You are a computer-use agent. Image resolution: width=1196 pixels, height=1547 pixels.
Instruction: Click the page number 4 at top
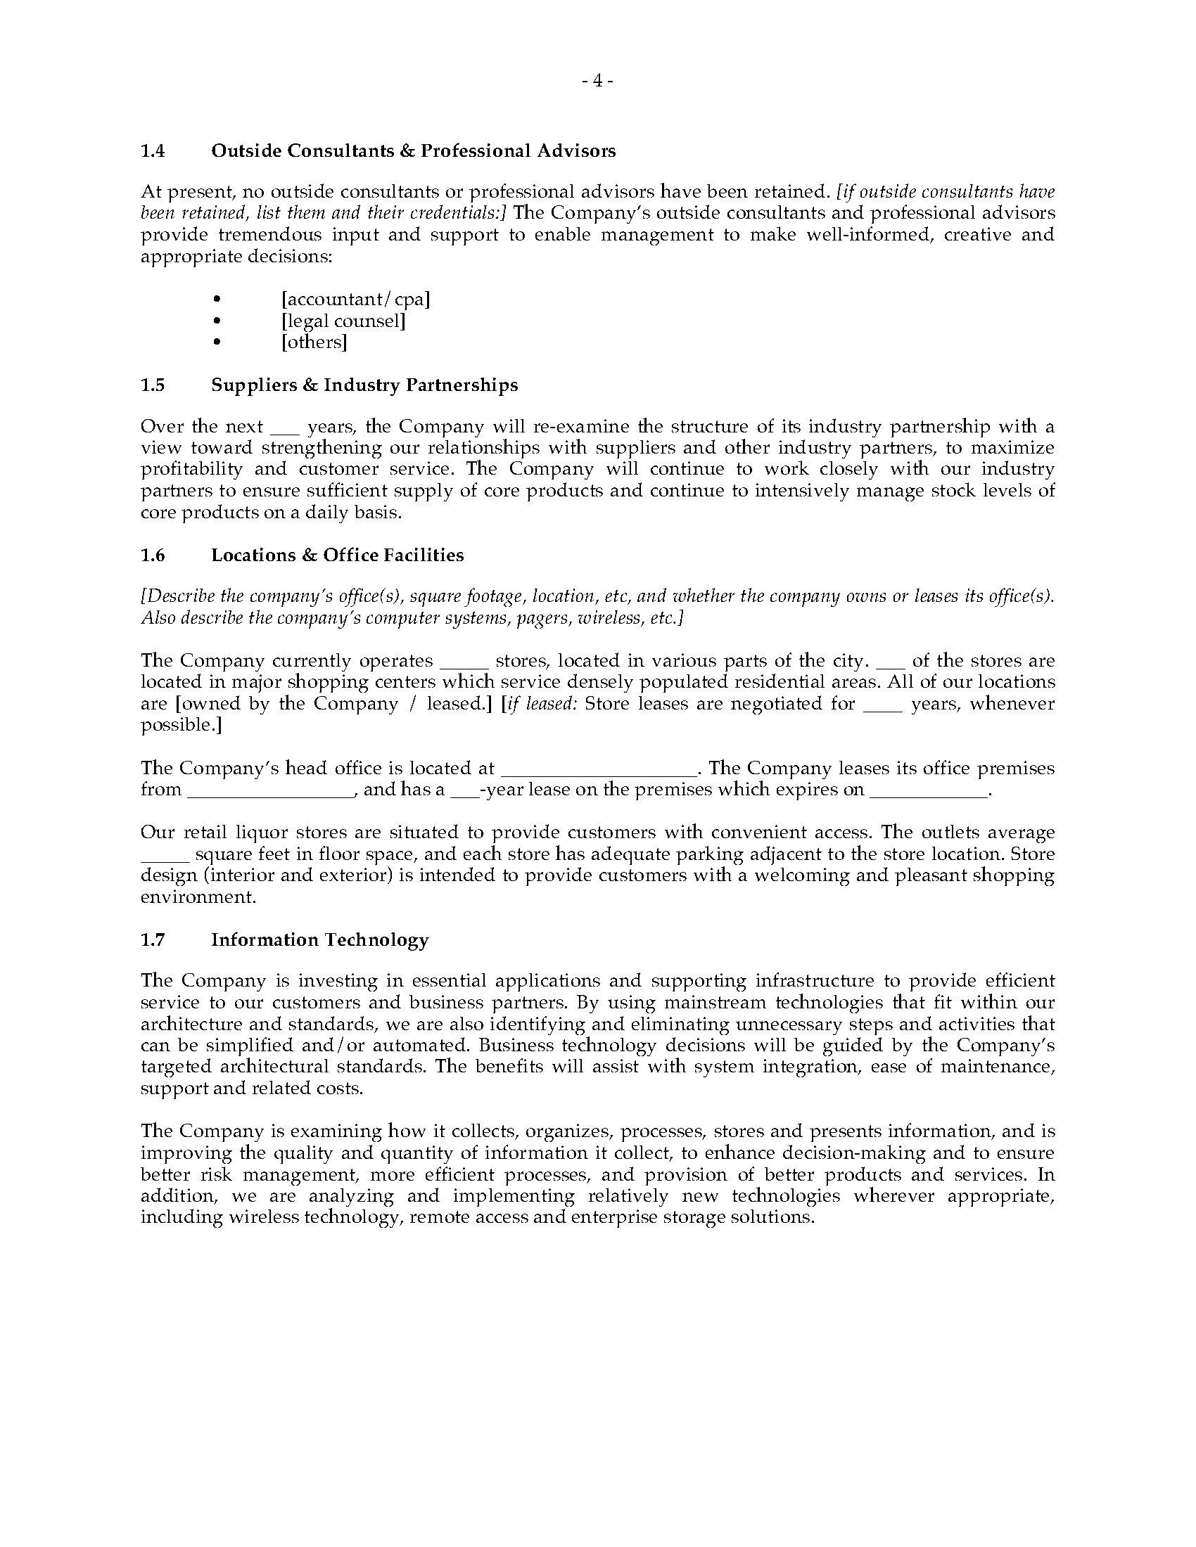point(597,82)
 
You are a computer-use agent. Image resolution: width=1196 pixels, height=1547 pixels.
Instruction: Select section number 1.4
point(153,151)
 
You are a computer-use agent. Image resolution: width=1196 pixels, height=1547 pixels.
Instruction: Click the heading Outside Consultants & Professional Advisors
point(413,151)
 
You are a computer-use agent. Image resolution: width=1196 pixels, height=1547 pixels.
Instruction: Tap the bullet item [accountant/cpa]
point(356,300)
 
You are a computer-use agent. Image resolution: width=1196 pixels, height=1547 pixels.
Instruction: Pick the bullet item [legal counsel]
point(343,321)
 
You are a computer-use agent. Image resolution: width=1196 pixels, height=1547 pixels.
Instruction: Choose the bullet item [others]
point(314,342)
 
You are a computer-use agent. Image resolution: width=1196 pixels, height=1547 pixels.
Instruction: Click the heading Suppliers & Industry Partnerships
point(364,385)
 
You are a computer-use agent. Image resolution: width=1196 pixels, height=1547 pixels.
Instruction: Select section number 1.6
point(153,556)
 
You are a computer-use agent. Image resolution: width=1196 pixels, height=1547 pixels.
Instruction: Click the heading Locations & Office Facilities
point(337,556)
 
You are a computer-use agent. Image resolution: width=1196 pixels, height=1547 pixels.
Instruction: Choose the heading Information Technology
point(319,940)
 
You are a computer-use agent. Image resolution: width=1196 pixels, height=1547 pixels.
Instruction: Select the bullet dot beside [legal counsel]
point(217,321)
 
